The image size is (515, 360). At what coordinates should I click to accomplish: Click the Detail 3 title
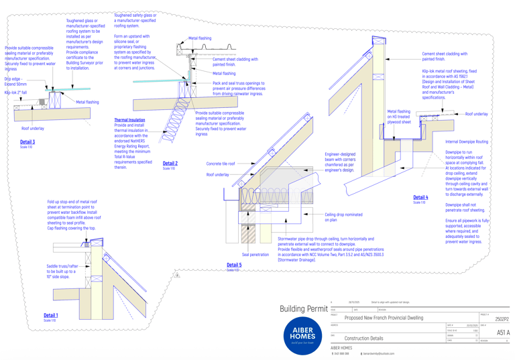[27, 142]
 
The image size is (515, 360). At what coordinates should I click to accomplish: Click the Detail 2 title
[170, 164]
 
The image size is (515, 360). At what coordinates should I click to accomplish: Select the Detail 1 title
[51, 315]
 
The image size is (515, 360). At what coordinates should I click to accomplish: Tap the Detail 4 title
[420, 198]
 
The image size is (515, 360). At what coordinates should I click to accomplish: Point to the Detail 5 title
[234, 265]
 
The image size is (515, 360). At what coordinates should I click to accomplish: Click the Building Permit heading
[304, 309]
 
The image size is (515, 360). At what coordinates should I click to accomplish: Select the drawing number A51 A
[503, 333]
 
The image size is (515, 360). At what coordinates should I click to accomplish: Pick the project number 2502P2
[502, 320]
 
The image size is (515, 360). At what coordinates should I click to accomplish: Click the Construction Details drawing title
[363, 339]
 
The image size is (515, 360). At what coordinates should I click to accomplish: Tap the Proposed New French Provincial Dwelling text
[384, 318]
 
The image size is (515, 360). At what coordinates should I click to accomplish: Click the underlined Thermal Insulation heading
[129, 120]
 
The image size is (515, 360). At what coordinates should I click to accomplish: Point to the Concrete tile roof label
[221, 164]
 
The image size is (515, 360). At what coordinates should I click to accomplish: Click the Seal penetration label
[255, 255]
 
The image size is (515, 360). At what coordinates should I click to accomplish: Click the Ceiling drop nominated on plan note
[343, 217]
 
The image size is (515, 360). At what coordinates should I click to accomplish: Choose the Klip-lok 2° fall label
[15, 93]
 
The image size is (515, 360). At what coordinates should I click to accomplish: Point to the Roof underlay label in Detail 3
[33, 128]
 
